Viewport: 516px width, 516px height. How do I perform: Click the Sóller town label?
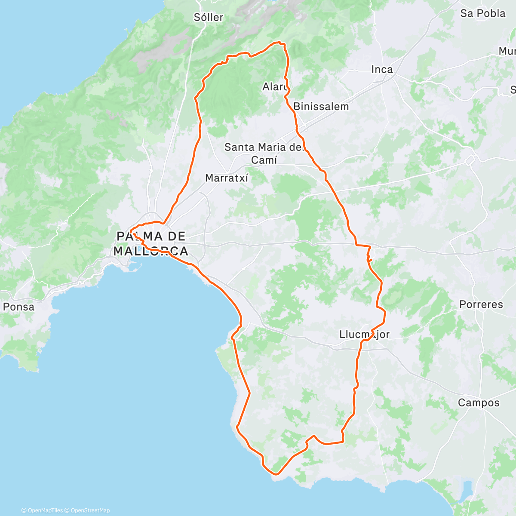[209, 17]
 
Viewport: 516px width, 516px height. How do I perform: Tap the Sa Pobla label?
[482, 13]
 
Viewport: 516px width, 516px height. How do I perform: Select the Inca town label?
[382, 69]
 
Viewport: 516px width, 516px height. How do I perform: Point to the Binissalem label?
[321, 106]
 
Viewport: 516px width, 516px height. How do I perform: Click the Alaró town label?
[275, 87]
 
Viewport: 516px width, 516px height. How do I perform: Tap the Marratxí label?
[227, 178]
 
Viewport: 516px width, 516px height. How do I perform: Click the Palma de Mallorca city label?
[151, 243]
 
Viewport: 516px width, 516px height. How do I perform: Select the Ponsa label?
[18, 307]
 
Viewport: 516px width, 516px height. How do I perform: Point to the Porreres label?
[481, 304]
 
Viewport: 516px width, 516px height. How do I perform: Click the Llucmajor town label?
[364, 334]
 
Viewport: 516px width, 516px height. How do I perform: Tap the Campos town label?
[479, 402]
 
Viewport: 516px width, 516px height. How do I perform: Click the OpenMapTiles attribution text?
[42, 510]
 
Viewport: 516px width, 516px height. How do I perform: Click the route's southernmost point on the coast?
[276, 474]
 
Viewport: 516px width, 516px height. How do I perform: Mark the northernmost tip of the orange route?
[280, 42]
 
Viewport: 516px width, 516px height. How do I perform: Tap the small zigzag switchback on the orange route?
[369, 258]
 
